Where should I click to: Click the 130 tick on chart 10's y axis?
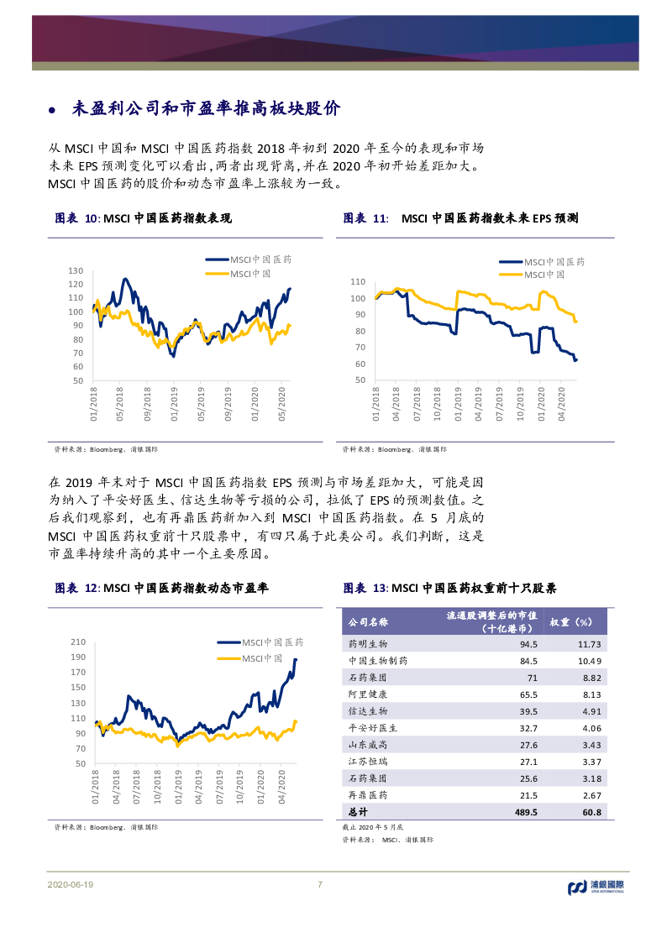[x=76, y=270]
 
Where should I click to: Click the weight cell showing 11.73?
[x=589, y=644]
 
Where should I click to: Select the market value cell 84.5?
[x=528, y=661]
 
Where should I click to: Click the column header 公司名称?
[x=368, y=622]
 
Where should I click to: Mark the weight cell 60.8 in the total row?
[x=592, y=812]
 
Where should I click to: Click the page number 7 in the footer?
[x=319, y=884]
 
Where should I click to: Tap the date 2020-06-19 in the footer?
[x=71, y=885]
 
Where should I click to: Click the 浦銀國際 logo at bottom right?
[x=603, y=886]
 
